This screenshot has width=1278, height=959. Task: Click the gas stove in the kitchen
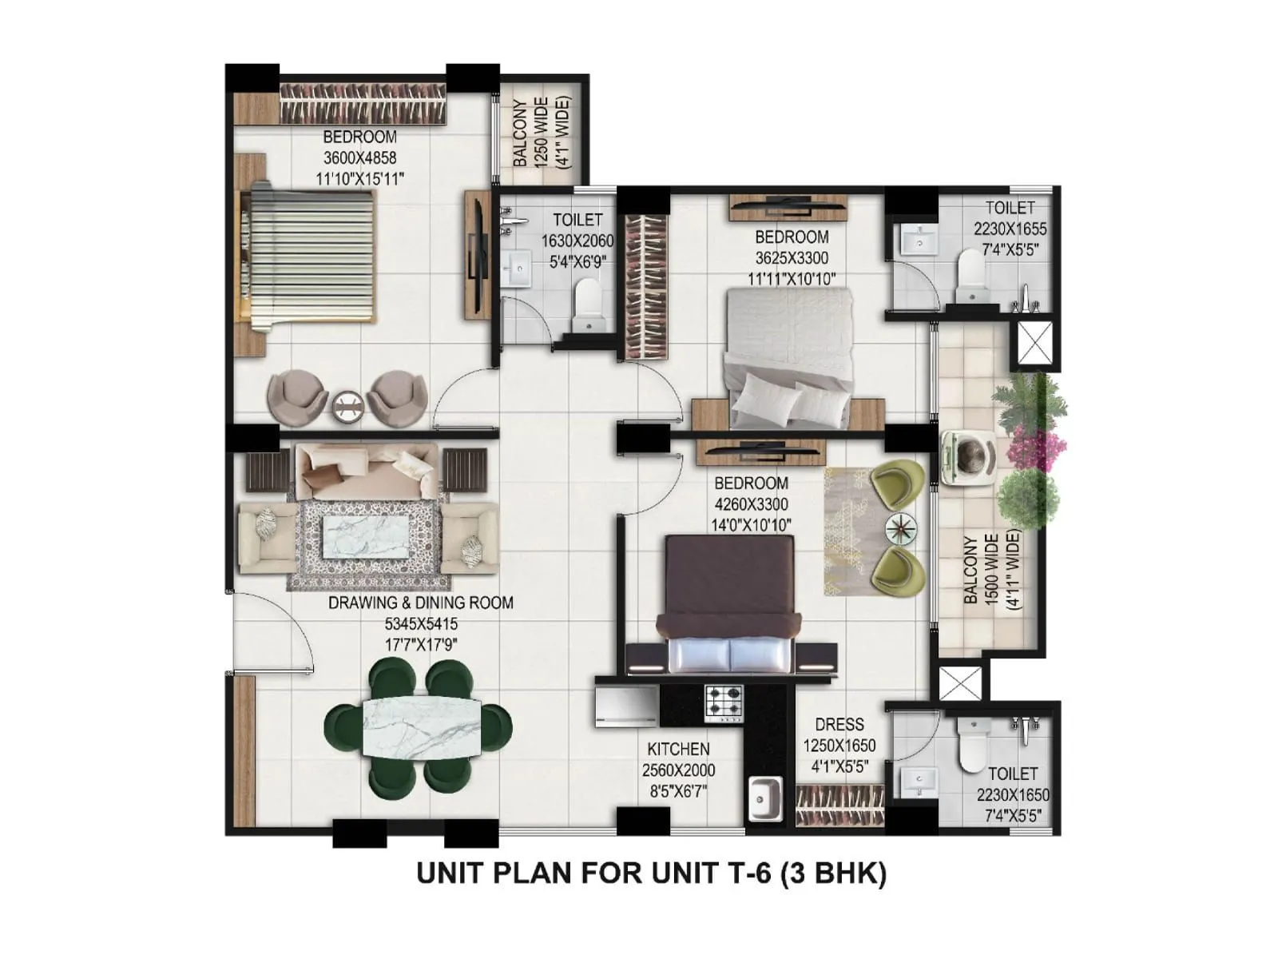point(723,705)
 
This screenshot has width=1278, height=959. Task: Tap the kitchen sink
point(765,797)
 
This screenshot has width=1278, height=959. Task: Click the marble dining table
point(423,726)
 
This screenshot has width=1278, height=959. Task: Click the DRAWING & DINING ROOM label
point(421,603)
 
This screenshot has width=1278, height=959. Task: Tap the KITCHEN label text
point(678,749)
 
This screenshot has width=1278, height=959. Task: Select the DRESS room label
point(839,724)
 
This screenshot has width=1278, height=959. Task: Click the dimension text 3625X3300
point(791,258)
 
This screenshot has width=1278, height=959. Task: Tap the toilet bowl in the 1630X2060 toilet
point(589,302)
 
